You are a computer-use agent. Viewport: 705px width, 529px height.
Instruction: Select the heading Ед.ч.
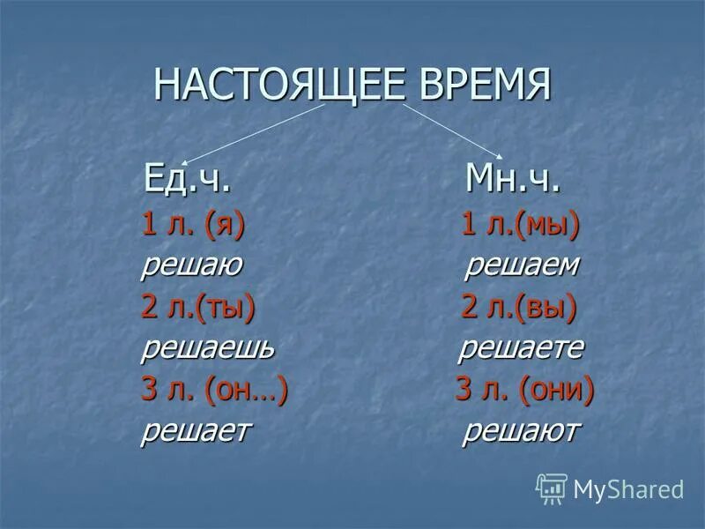coord(189,183)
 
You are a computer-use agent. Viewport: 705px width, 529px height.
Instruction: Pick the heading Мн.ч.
coord(512,183)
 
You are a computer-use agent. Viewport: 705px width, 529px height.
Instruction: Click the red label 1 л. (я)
coord(193,226)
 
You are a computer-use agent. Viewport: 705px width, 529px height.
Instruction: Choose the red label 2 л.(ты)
coord(198,307)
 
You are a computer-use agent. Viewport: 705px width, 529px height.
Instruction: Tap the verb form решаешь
coord(208,347)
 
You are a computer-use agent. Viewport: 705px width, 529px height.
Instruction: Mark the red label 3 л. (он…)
coord(215,389)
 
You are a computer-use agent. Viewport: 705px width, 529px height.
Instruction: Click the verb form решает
coord(196,430)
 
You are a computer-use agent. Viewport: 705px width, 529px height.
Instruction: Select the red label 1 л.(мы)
coord(521,226)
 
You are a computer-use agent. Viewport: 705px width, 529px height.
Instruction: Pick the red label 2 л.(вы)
coord(519,307)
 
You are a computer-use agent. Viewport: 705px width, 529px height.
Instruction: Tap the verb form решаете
coord(522,347)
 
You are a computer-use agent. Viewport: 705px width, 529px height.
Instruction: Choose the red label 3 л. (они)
coord(524,389)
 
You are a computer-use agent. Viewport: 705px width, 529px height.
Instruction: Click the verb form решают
coord(522,430)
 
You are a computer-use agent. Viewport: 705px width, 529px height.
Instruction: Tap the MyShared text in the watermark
coord(628,489)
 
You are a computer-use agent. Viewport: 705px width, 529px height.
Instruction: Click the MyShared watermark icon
coord(552,488)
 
